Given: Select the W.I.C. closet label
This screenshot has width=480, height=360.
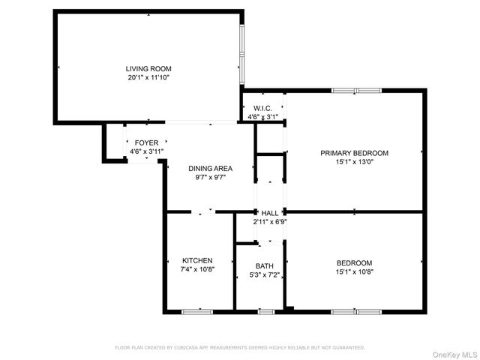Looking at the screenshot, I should pyautogui.click(x=262, y=108).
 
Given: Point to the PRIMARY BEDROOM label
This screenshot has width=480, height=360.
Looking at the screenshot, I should pyautogui.click(x=354, y=153).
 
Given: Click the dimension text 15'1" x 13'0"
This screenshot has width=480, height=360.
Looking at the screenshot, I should pyautogui.click(x=354, y=162).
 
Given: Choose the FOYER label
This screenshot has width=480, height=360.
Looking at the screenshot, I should pyautogui.click(x=146, y=142).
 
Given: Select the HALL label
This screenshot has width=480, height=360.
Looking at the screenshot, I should pyautogui.click(x=270, y=213).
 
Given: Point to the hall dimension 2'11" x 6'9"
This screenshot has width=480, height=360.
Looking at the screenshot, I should pyautogui.click(x=269, y=222).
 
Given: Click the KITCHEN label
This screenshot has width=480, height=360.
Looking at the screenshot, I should pyautogui.click(x=197, y=260).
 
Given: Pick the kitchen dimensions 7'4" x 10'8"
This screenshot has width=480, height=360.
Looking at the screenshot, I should pyautogui.click(x=197, y=269).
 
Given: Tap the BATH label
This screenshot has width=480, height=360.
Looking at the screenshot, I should pyautogui.click(x=264, y=266).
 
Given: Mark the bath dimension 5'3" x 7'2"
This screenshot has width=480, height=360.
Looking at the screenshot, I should pyautogui.click(x=264, y=275).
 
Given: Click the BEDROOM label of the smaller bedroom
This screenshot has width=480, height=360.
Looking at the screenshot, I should pyautogui.click(x=354, y=262).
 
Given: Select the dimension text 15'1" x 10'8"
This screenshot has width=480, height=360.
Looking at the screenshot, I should pyautogui.click(x=354, y=271).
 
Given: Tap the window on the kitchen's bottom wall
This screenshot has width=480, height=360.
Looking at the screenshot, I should pyautogui.click(x=197, y=311).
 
